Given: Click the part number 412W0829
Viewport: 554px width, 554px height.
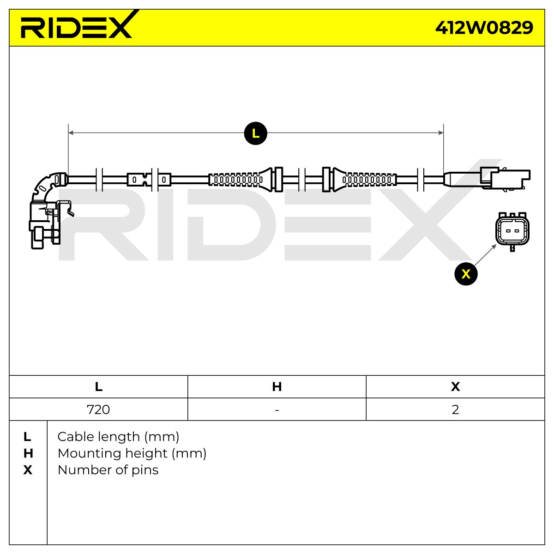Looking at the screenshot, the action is tap(484, 28).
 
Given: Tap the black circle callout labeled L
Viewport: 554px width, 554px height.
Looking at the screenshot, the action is tap(255, 133).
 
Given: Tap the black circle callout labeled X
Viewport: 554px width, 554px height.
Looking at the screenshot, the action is tap(466, 274).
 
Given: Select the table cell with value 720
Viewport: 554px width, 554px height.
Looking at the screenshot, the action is tap(98, 409).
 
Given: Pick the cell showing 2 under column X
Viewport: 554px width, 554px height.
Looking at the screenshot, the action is tap(455, 409).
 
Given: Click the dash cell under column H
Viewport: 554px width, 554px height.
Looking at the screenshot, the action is tap(277, 409).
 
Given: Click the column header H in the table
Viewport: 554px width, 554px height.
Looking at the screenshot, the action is tap(277, 387).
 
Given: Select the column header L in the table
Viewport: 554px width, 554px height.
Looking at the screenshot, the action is tap(98, 387).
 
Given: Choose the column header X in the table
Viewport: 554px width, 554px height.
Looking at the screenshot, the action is tap(455, 387).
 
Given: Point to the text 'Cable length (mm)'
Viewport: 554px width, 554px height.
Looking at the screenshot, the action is tap(118, 437).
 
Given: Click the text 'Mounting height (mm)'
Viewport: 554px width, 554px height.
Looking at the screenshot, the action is tap(132, 454).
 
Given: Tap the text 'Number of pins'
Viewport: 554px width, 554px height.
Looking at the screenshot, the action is tap(108, 470).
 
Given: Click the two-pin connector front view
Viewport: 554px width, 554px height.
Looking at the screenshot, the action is tap(512, 231).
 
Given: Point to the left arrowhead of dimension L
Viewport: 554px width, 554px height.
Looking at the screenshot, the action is tap(71, 132).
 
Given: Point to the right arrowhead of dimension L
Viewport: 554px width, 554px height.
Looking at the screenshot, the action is tap(440, 132).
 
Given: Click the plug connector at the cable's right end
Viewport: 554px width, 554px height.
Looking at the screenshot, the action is tap(487, 178).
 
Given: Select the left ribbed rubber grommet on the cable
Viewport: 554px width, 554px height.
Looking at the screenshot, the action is tap(241, 180).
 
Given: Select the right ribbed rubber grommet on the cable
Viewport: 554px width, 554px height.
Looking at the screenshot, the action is tap(365, 180).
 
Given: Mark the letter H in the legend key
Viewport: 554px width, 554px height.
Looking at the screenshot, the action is tap(28, 454).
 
